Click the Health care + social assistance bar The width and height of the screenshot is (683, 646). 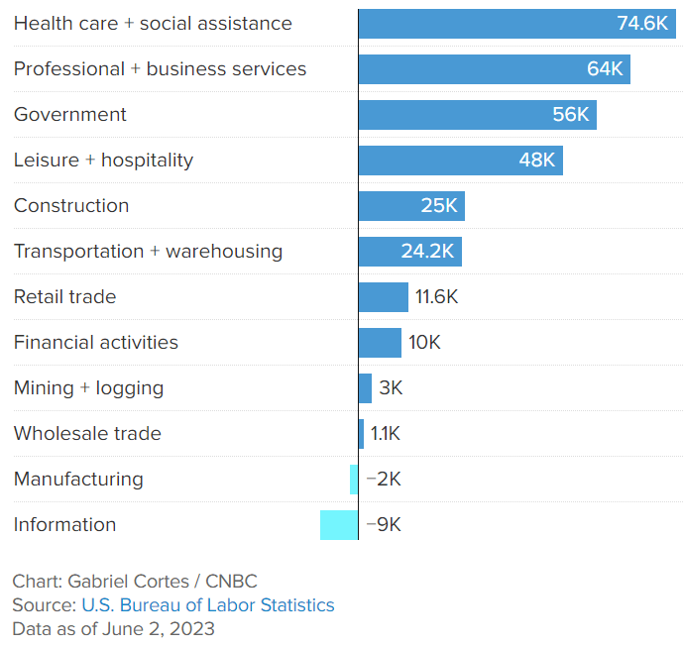point(515,24)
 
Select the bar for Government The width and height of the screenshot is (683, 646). point(477,115)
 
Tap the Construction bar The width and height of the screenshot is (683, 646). point(410,206)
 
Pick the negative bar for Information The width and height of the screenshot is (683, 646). point(338,525)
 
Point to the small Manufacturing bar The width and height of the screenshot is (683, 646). point(354,480)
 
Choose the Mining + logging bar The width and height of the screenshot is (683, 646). point(365,388)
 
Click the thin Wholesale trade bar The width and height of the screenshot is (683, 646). point(361,434)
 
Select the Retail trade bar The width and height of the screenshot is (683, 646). point(383,297)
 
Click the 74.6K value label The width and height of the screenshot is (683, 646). point(642,24)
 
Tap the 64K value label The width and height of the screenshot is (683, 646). point(605,69)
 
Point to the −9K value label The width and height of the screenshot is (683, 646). point(384,525)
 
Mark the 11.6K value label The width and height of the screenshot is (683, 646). point(437,297)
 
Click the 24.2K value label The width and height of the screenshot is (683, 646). point(427,252)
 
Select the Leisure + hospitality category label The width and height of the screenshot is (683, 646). point(103,161)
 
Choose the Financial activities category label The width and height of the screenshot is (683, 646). point(96,343)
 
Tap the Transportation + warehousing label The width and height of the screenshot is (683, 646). point(148,252)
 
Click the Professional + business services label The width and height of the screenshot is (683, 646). point(160,69)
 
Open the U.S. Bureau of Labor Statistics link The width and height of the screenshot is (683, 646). point(207,605)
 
